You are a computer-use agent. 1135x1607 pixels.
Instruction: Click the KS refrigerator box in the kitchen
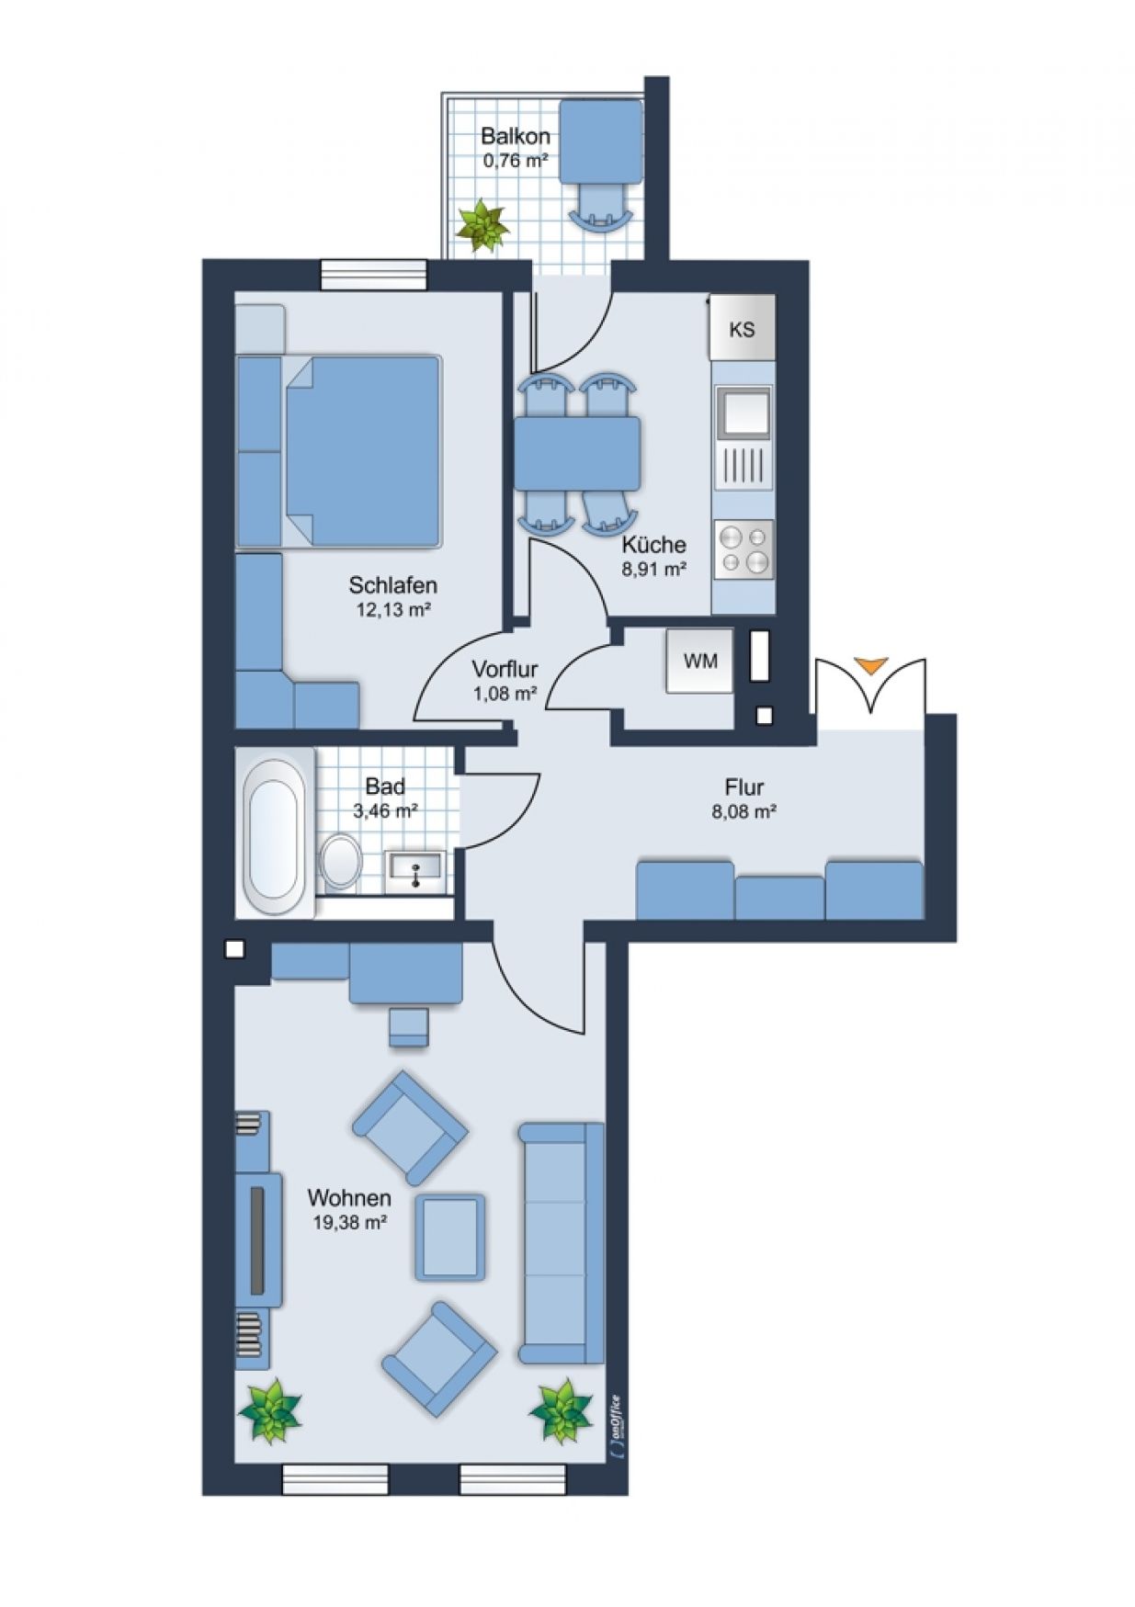[742, 328]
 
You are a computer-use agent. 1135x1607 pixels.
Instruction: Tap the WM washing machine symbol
[700, 661]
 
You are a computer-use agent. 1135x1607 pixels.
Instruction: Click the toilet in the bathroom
[341, 861]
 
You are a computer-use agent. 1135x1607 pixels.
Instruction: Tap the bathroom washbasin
[415, 866]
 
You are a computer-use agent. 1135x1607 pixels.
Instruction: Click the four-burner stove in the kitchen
[743, 549]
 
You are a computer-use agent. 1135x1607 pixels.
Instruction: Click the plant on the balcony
[482, 225]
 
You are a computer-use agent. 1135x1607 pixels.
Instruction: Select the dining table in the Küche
[577, 453]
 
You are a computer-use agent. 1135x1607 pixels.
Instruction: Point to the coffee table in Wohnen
[449, 1237]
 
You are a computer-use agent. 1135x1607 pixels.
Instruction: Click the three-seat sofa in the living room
[561, 1242]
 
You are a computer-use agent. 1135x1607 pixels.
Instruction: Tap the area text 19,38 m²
[348, 1223]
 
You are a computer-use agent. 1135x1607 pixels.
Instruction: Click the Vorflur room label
[505, 669]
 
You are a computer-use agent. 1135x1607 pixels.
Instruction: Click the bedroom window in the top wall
[374, 274]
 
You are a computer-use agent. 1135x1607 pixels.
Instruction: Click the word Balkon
[516, 137]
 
